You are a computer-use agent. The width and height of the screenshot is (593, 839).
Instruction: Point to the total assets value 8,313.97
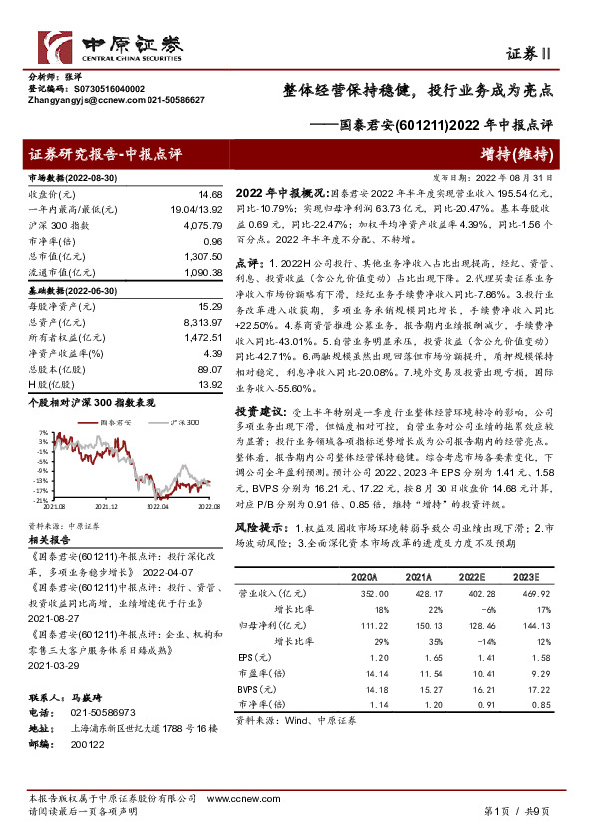(202, 323)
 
